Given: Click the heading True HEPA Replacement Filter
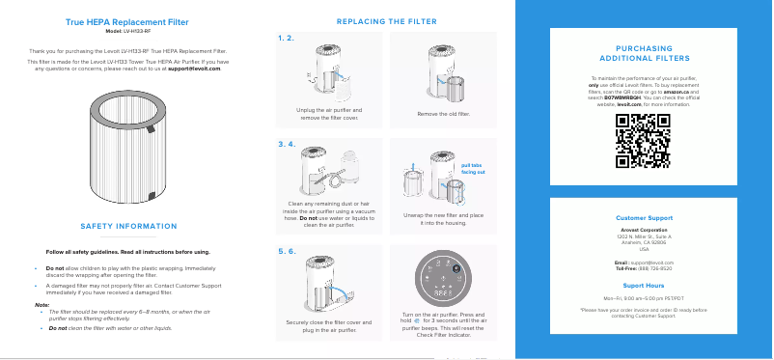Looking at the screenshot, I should (x=126, y=20).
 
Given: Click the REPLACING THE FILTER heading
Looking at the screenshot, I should (x=386, y=21).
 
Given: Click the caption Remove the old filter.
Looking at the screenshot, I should (x=444, y=114).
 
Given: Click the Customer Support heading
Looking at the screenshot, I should (x=644, y=218).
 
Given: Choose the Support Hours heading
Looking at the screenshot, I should (x=644, y=286).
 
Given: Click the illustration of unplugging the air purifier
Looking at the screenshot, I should (x=328, y=75).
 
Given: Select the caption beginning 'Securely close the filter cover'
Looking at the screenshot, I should (x=328, y=325).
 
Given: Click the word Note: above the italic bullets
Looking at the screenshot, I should (x=41, y=305).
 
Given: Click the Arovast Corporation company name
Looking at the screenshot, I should (x=644, y=230).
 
